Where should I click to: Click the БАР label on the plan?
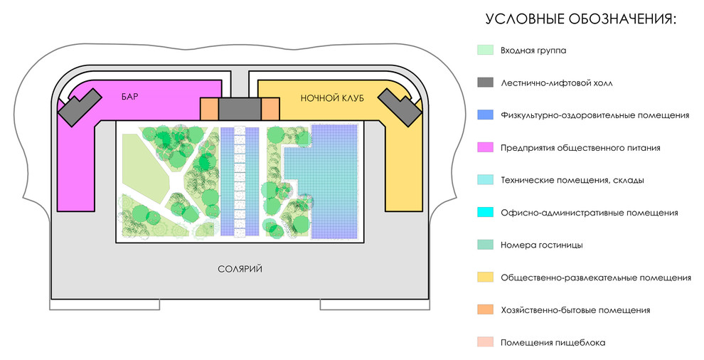coord(129,97)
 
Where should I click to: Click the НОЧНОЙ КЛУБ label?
coord(332,98)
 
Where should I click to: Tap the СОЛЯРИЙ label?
coord(240,269)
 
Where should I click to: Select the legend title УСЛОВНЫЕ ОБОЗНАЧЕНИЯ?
coord(581,19)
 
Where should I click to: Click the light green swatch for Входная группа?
coord(486,51)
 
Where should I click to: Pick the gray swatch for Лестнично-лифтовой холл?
coord(486,83)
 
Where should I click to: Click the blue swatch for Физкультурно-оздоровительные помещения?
coord(486,115)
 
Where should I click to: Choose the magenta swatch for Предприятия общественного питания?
coord(486,148)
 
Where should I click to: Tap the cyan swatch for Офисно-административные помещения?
coord(486,213)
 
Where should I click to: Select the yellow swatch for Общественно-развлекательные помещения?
coord(486,277)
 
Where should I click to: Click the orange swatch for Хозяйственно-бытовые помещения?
coord(486,310)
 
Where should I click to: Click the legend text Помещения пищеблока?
coord(553,343)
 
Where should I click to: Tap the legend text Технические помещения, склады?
coord(572,181)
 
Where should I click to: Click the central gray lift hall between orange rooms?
coord(240,109)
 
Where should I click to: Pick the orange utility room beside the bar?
coord(209,109)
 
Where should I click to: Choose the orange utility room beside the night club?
coord(271,109)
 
